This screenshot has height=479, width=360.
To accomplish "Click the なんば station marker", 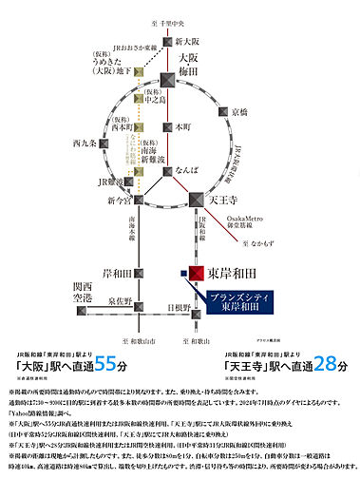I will coord(168,177).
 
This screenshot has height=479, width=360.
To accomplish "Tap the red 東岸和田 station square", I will coord(197,275).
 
